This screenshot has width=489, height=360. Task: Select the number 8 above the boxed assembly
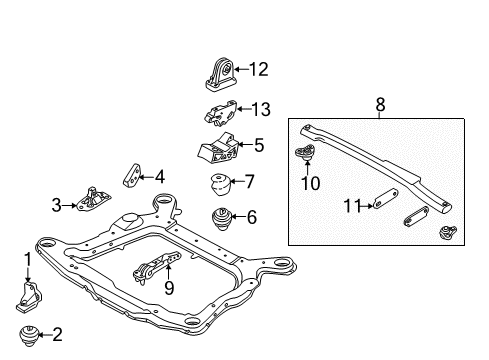pyautogui.click(x=380, y=102)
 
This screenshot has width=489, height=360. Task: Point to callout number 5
pyautogui.click(x=258, y=145)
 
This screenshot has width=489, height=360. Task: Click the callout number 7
pyautogui.click(x=250, y=181)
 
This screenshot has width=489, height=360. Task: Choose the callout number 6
pyautogui.click(x=251, y=216)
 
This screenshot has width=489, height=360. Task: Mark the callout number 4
pyautogui.click(x=158, y=177)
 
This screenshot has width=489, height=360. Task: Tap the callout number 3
pyautogui.click(x=56, y=206)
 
